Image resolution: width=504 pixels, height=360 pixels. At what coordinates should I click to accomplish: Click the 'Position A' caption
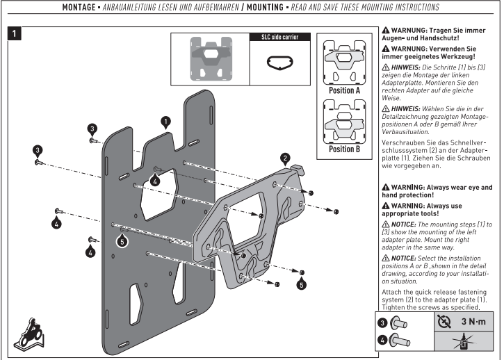[x=344, y=90]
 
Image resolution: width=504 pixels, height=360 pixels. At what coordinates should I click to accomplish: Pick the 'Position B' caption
[x=344, y=149]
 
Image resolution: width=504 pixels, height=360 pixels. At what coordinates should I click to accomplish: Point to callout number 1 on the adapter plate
[x=165, y=121]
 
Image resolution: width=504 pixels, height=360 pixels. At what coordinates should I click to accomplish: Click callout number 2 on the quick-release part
[x=284, y=158]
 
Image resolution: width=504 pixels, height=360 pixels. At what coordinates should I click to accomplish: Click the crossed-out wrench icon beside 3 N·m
[x=446, y=324]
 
